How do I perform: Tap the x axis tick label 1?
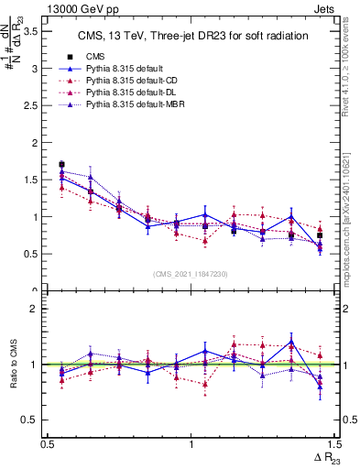191,443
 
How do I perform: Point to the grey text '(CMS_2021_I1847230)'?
191,274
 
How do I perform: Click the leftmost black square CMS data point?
61,165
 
